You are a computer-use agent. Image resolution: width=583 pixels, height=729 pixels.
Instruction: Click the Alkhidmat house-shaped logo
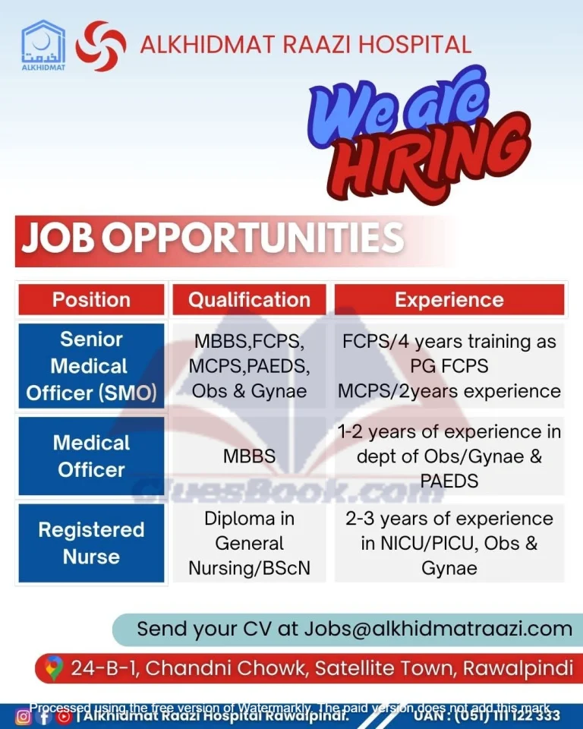point(43,45)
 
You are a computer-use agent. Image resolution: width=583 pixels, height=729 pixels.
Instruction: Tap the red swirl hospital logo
point(101,46)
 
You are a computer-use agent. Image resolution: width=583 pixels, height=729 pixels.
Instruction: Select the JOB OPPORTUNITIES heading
point(213,238)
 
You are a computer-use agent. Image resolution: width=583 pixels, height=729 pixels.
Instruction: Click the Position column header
point(91,300)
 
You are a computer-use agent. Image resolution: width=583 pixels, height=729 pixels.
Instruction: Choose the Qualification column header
point(249,300)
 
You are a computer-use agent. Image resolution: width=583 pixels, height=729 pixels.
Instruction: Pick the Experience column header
point(449,300)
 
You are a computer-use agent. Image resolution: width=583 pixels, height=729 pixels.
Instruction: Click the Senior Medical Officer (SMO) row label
point(91,366)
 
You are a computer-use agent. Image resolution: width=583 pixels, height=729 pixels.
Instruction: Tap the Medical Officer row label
point(91,456)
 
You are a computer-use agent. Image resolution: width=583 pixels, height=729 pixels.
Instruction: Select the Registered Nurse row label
point(91,543)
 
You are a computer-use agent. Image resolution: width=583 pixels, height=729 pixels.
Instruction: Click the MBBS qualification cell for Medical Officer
point(249,456)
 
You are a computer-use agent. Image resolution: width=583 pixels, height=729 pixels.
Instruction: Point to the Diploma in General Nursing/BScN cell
point(249,543)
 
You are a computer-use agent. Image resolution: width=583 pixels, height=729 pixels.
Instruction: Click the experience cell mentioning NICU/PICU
point(449,543)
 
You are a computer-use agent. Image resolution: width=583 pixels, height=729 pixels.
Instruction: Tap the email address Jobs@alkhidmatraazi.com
point(438,629)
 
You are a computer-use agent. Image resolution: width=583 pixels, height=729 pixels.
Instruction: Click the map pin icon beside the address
point(53,668)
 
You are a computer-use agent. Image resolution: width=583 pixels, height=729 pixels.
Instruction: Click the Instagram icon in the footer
point(24,716)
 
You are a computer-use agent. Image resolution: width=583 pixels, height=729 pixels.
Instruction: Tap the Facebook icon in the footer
point(44,716)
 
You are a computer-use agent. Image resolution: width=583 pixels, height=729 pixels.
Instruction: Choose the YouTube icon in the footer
point(65,716)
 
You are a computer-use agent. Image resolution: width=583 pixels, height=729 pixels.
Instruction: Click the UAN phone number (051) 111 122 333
point(508,715)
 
